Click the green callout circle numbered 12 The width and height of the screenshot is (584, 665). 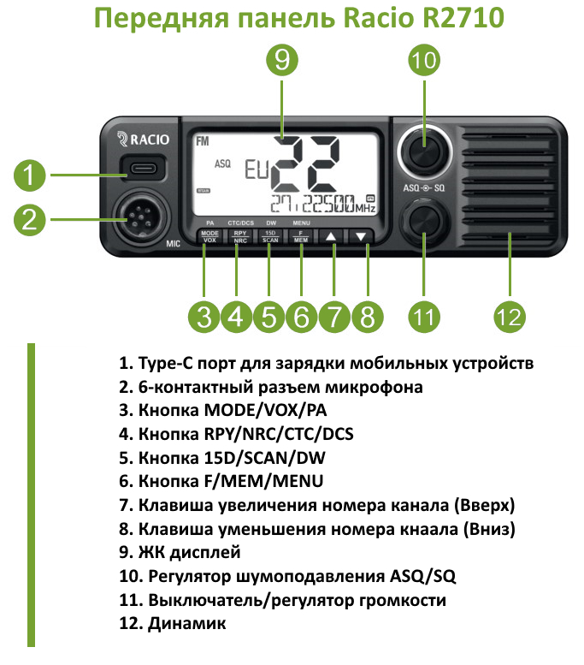click(x=510, y=317)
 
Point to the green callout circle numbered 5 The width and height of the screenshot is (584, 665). click(x=268, y=317)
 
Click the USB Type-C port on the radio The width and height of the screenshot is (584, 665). click(x=138, y=166)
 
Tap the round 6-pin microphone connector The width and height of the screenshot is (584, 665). click(x=138, y=218)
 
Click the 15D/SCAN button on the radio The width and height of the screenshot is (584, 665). click(x=269, y=237)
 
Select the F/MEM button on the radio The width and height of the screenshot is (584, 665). click(x=301, y=237)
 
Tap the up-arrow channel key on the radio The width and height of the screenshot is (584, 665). click(x=331, y=237)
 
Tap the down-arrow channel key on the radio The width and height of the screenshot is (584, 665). click(x=362, y=237)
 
